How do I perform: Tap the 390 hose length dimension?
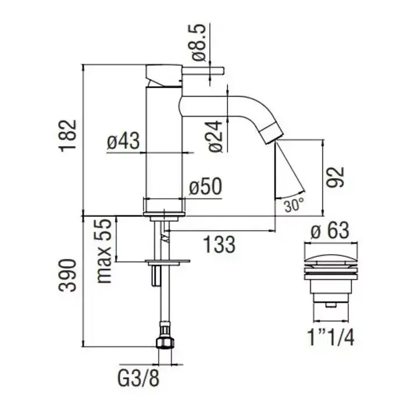pos(69,277)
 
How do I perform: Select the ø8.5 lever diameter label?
pos(198,43)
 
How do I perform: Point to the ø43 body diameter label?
pos(124,141)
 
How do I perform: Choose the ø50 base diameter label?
pos(205,187)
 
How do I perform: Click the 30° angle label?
pos(294,205)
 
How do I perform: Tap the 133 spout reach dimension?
pos(218,244)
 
